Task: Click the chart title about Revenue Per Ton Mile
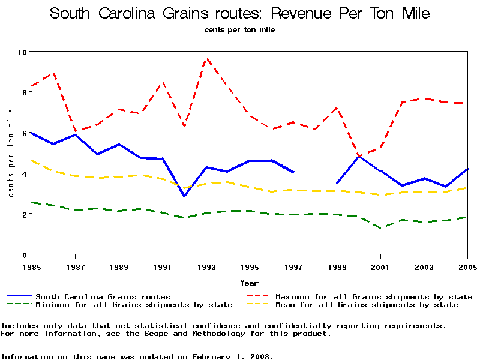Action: [240, 13]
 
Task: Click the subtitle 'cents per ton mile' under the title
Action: [239, 30]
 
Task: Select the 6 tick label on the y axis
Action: [24, 133]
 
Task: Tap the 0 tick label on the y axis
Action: [24, 255]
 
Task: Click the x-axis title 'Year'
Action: [249, 283]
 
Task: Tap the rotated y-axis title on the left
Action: [11, 154]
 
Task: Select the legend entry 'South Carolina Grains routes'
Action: [103, 297]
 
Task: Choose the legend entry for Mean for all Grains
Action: [367, 305]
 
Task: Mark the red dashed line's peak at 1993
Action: [206, 59]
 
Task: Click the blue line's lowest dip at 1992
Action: [184, 196]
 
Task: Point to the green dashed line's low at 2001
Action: [380, 228]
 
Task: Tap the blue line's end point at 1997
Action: [293, 172]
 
